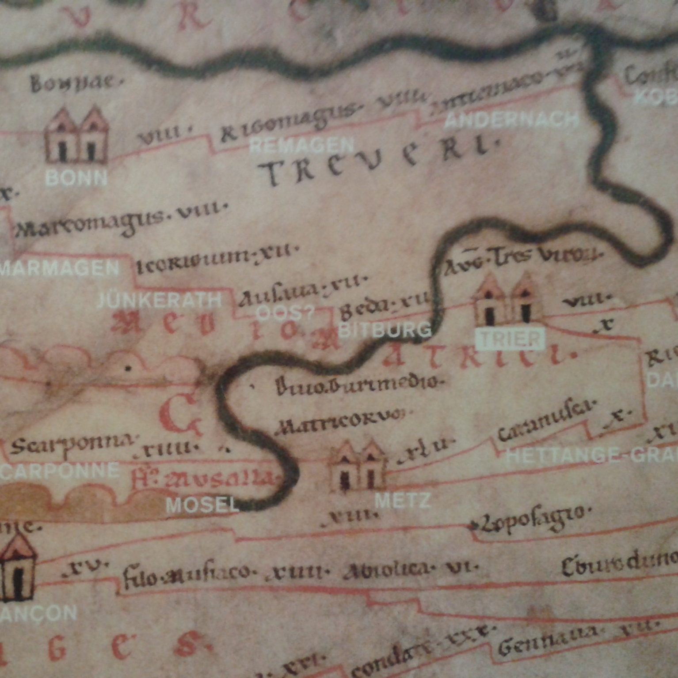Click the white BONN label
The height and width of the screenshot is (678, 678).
point(76,177)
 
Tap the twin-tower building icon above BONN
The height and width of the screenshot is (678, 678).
point(76,135)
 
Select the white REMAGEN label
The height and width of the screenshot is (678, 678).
point(301,145)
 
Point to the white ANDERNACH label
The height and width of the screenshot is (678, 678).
point(511,120)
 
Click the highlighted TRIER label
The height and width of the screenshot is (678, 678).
point(510,339)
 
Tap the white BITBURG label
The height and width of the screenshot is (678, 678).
point(385,329)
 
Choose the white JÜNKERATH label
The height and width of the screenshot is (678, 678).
point(159,301)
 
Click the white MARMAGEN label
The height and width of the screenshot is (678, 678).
point(59,268)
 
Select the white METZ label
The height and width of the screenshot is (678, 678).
point(402,501)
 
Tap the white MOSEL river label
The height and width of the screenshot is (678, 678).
point(202,505)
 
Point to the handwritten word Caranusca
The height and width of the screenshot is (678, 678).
point(546,419)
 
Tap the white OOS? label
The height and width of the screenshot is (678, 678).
point(285,313)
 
